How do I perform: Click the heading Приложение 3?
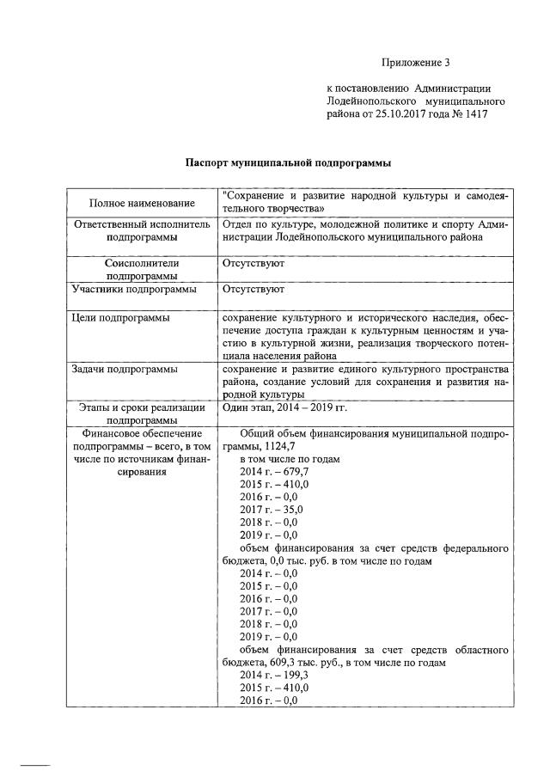pyautogui.click(x=416, y=63)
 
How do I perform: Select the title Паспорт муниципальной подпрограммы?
pyautogui.click(x=290, y=162)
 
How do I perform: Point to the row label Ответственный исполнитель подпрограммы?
pyautogui.click(x=142, y=229)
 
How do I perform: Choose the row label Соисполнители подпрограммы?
pyautogui.click(x=142, y=269)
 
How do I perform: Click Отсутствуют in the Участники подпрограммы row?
pyautogui.click(x=253, y=291)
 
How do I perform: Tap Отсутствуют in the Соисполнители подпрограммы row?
pyautogui.click(x=253, y=263)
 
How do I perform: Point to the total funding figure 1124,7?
pyautogui.click(x=276, y=447)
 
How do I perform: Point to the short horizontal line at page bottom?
pyautogui.click(x=35, y=763)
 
